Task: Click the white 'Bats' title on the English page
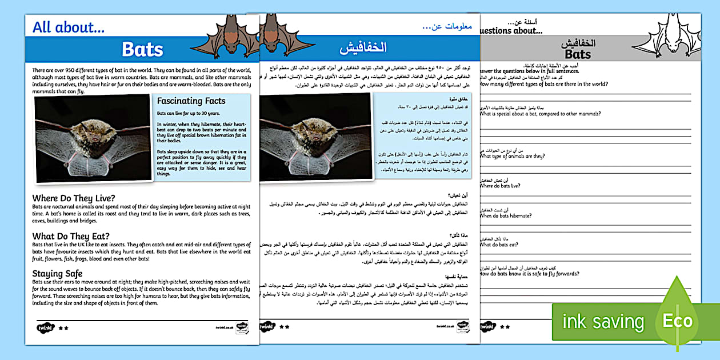142,50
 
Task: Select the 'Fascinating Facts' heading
191,101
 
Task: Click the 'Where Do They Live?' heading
74,198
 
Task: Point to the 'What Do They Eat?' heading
71,236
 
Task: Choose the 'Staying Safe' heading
57,274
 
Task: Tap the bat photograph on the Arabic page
315,139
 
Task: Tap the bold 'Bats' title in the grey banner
577,55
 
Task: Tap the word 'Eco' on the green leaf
677,321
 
